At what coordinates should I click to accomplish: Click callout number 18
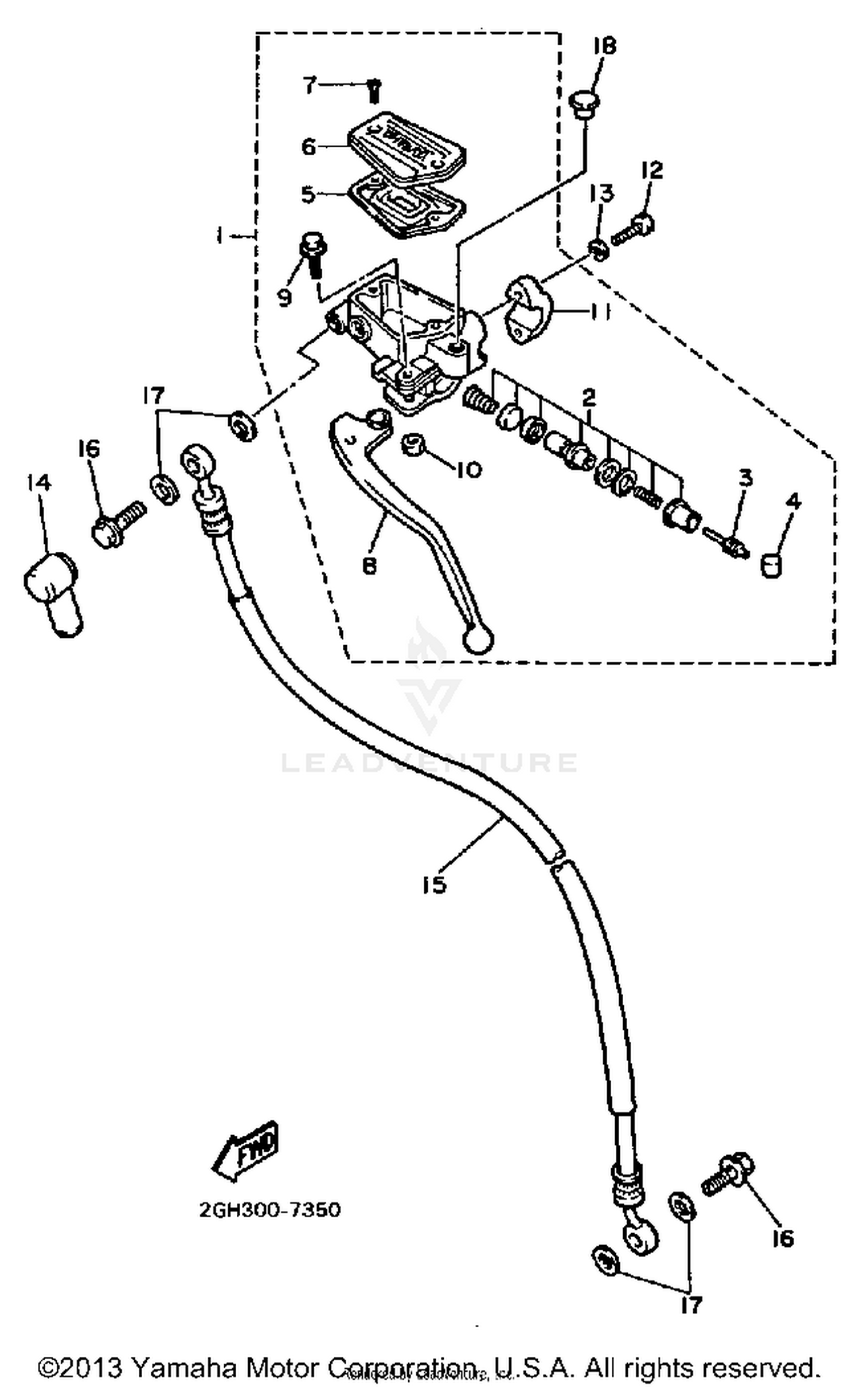(x=604, y=46)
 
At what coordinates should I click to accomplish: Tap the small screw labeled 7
(x=373, y=91)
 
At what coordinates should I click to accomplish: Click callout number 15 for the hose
(x=434, y=885)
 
